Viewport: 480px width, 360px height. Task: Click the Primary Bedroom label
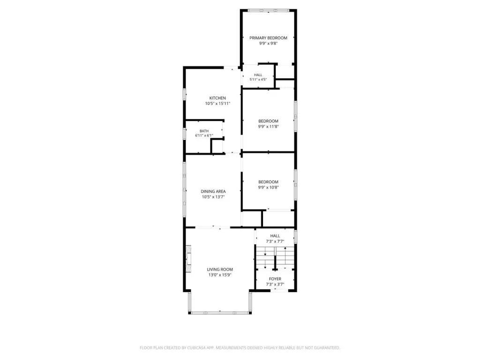[x=268, y=38]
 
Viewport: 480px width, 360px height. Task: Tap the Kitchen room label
[x=217, y=98]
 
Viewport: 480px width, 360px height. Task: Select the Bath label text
[x=204, y=131]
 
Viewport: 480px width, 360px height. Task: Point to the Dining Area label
[x=213, y=191]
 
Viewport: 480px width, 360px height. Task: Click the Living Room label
[x=220, y=270]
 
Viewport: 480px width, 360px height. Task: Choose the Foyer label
[x=275, y=279]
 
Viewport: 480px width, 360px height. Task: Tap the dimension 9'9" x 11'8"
[x=269, y=127]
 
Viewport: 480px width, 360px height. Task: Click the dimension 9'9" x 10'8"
[x=269, y=187]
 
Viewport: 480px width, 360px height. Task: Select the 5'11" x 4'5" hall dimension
[x=258, y=80]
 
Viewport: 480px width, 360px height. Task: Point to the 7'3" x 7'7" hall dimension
[x=275, y=241]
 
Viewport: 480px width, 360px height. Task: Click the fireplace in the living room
[x=188, y=259]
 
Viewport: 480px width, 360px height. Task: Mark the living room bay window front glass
[x=220, y=313]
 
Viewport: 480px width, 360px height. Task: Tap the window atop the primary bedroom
[x=269, y=10]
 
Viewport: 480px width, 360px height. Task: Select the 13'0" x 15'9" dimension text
[x=220, y=275]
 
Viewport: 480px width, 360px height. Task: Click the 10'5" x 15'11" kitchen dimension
[x=217, y=104]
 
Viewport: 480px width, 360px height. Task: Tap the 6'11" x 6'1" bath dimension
[x=204, y=135]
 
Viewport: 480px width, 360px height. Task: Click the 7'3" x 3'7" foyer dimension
[x=275, y=285]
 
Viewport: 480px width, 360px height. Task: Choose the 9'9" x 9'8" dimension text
[x=269, y=44]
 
